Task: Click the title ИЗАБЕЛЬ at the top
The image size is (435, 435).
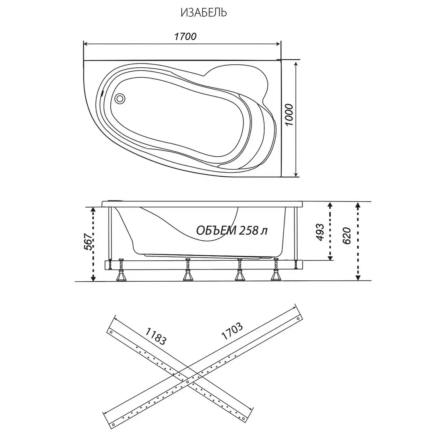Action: click(x=204, y=13)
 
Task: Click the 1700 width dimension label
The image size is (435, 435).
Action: click(x=185, y=36)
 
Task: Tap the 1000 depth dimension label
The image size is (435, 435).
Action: click(x=289, y=115)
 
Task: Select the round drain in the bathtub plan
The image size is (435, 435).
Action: click(x=120, y=98)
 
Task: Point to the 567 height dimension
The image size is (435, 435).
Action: click(x=88, y=242)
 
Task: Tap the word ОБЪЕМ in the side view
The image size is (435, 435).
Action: click(x=216, y=230)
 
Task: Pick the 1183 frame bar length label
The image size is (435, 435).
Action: click(x=155, y=336)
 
